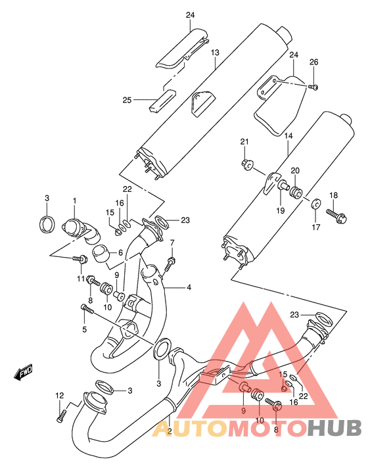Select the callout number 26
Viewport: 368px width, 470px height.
coord(313,62)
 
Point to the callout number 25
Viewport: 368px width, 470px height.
coord(127,100)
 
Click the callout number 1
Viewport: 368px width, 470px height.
coord(74,200)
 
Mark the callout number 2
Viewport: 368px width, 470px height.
coord(169,431)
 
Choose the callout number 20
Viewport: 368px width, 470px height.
coord(296,170)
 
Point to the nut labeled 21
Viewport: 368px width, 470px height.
coord(248,163)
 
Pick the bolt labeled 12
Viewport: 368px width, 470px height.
coord(62,415)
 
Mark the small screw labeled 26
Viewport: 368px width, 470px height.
coord(313,87)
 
